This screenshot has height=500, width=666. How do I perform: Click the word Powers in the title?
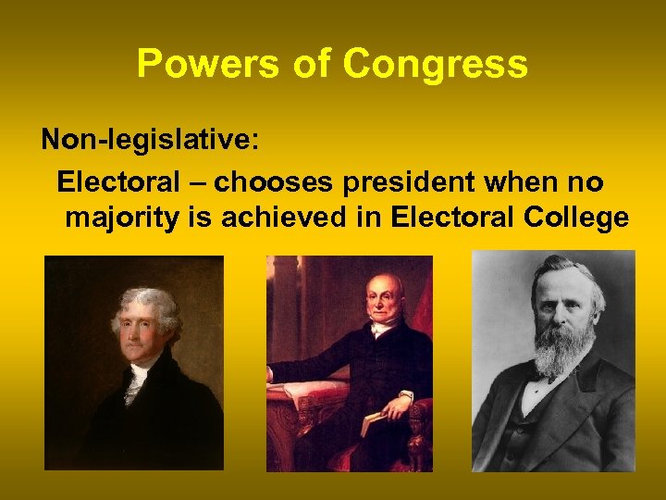(194, 65)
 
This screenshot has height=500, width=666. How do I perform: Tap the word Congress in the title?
(435, 65)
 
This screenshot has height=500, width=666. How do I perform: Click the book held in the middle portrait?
(376, 421)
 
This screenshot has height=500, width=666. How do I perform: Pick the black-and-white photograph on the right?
(553, 361)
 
